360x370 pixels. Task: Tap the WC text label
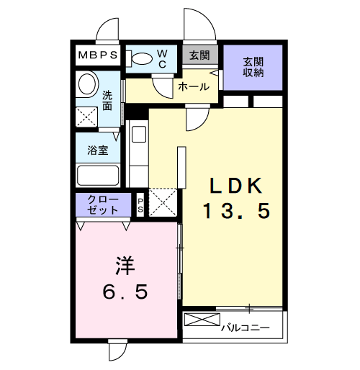click(x=163, y=58)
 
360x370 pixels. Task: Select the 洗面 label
click(x=107, y=100)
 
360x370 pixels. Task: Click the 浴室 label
click(x=98, y=150)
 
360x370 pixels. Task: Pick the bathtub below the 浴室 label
click(x=98, y=176)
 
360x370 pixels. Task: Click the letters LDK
click(x=235, y=185)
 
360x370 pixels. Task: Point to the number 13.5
click(x=235, y=211)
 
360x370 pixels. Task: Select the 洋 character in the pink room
click(x=125, y=266)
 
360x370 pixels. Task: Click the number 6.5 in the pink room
click(x=125, y=292)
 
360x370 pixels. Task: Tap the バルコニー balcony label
click(x=245, y=328)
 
